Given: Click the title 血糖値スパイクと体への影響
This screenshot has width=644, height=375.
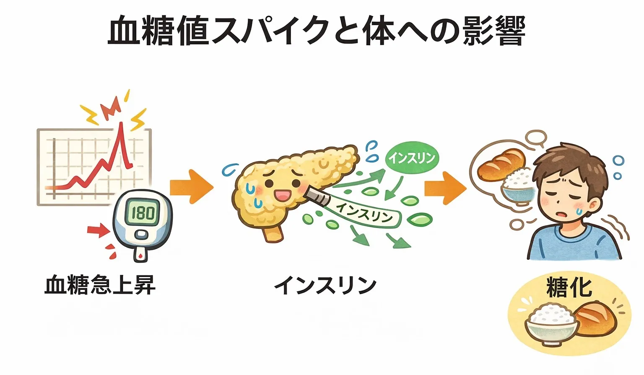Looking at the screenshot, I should pos(317,31).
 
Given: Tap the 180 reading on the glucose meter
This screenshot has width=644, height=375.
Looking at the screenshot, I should pos(143,213).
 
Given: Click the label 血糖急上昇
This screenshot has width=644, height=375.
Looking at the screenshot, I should pos(100,285).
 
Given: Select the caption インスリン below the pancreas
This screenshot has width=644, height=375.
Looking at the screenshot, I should pos(325,285).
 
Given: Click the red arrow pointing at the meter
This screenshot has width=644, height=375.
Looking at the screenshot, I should pos(97,230).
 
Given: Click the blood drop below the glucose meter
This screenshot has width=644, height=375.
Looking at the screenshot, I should pos(140,254).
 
